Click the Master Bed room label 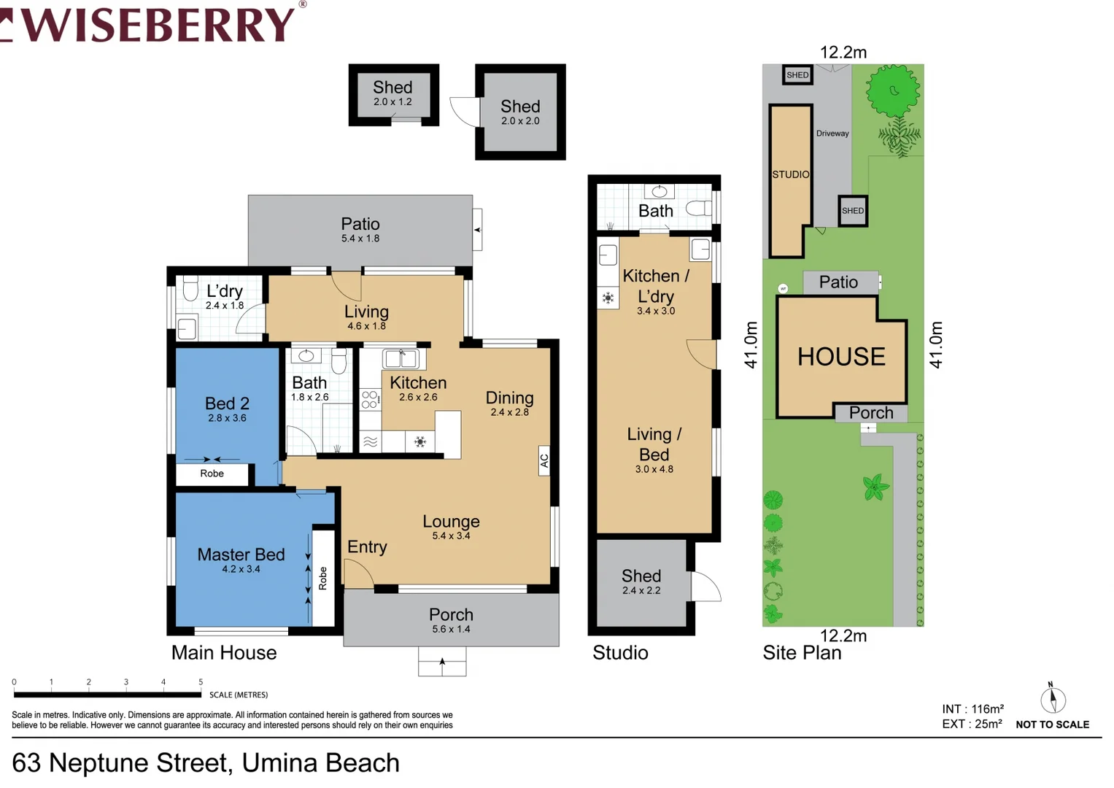click(241, 555)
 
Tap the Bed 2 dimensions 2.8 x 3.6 click(227, 419)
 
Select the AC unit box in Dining click(544, 460)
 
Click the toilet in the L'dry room click(190, 289)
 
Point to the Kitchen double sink click(401, 358)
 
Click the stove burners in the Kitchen click(370, 399)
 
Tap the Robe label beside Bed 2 click(212, 474)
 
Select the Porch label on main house click(451, 614)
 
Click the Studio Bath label click(656, 211)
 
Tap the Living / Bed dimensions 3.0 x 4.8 click(654, 469)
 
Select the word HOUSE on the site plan click(841, 357)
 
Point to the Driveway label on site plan click(832, 134)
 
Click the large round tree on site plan click(894, 90)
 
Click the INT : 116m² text click(972, 709)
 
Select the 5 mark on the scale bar click(201, 682)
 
